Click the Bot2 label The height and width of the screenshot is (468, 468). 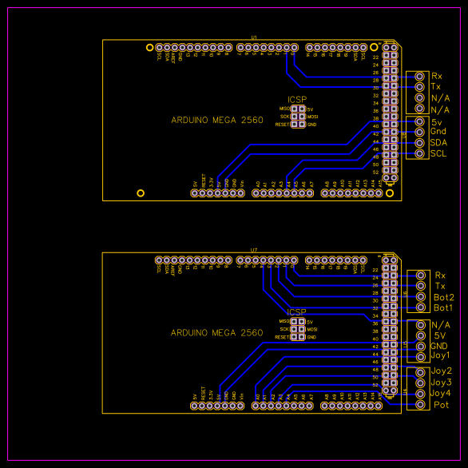coord(445,297)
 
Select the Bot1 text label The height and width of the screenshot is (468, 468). coord(444,307)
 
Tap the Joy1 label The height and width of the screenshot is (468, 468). coord(441,355)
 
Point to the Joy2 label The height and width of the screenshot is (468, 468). coord(442,371)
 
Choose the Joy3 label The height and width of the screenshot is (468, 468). coord(442,383)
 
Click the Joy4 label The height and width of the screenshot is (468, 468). coord(442,393)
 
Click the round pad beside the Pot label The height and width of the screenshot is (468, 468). coord(421,405)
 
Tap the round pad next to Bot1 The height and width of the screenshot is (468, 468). coord(421,307)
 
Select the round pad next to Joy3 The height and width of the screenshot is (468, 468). coord(421,383)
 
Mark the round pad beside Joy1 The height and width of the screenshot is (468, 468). coord(421,356)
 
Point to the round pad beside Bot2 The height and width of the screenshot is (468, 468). coord(421,296)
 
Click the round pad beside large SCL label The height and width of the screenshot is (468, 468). coord(419,153)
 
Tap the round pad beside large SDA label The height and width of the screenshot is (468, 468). coord(419,142)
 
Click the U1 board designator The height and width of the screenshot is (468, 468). coord(254,37)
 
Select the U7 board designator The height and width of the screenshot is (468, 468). coord(254,250)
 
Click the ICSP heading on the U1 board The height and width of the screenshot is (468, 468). coord(297,100)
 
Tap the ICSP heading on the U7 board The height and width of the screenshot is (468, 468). coord(297,312)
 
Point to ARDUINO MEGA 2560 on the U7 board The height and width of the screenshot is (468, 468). coord(216,333)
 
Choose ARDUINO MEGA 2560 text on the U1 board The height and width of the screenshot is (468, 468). coord(216,120)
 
